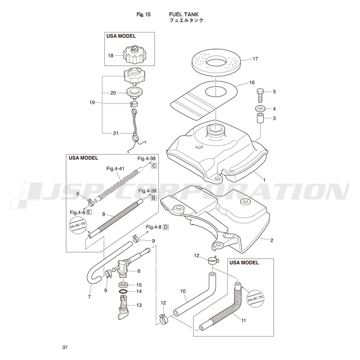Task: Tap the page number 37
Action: tap(65, 347)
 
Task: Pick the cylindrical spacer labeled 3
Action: tap(259, 120)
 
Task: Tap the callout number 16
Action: tap(252, 83)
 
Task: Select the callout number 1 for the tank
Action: tap(264, 180)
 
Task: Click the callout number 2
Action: tap(272, 240)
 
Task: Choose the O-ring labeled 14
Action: tap(124, 291)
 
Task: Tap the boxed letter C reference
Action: tap(154, 166)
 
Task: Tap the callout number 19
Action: tap(92, 103)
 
